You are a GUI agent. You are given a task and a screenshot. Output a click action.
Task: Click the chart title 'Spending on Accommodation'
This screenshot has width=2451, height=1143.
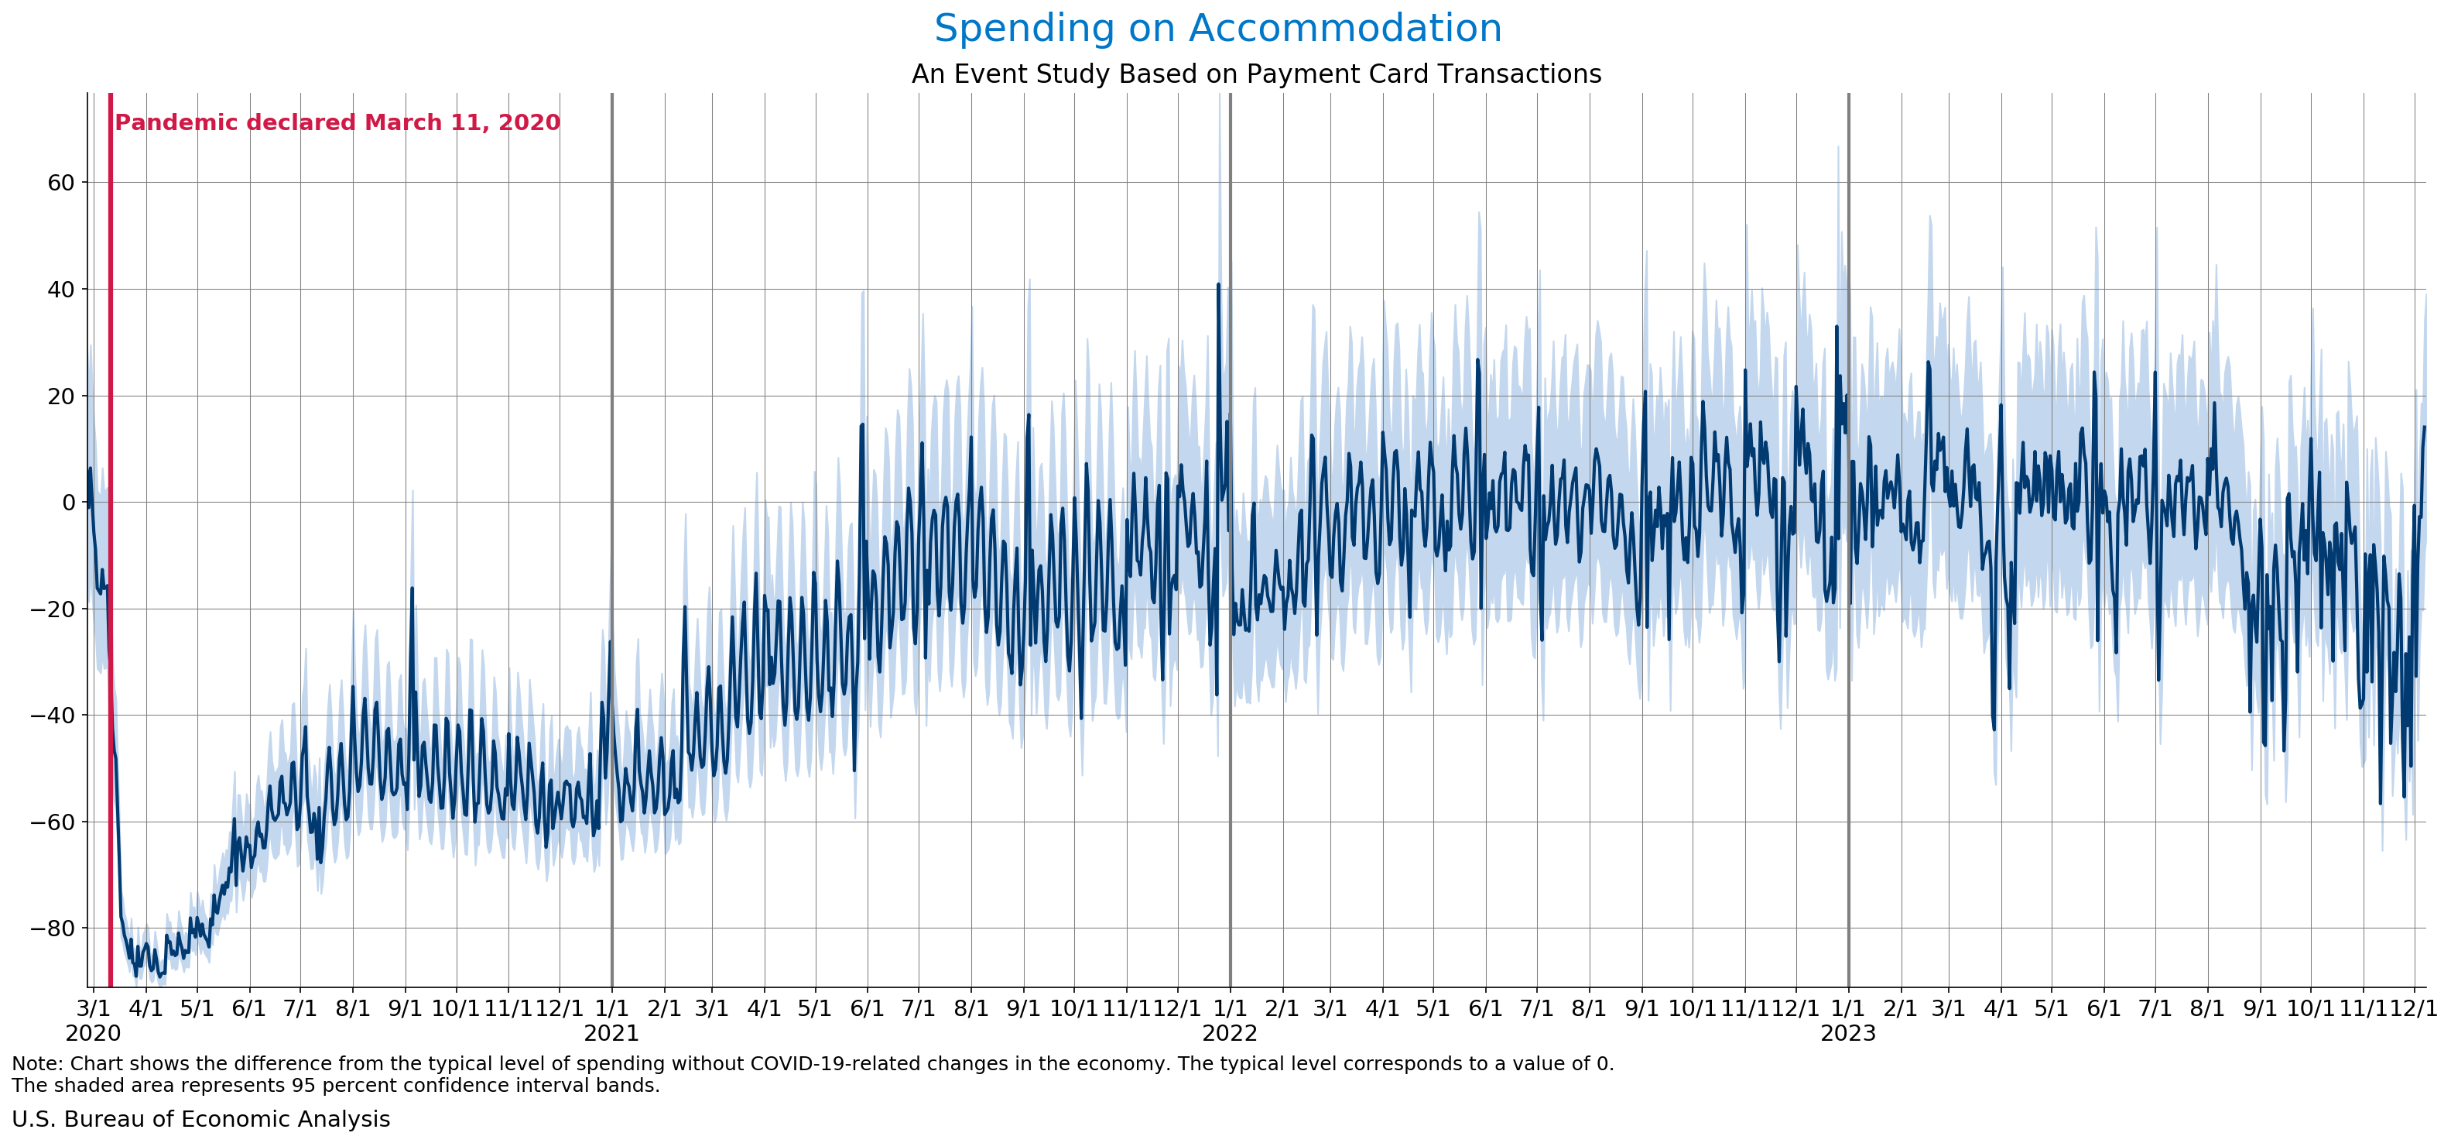[1217, 29]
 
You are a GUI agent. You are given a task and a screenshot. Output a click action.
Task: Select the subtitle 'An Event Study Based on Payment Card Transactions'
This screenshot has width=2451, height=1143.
[1256, 74]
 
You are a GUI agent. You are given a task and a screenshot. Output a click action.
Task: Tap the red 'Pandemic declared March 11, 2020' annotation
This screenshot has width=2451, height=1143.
[337, 123]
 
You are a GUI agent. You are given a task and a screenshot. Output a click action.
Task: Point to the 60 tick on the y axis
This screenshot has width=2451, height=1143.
[60, 183]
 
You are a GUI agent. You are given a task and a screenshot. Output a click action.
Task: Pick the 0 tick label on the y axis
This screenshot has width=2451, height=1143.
[67, 503]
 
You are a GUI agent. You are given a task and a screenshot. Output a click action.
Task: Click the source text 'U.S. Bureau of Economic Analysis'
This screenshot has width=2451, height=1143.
[200, 1119]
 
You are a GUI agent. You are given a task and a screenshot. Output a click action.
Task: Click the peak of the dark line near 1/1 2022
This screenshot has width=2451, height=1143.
[1218, 284]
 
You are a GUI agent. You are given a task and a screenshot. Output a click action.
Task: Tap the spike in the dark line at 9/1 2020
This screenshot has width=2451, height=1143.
[412, 589]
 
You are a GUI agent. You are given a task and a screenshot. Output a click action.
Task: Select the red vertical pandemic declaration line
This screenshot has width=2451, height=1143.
[111, 571]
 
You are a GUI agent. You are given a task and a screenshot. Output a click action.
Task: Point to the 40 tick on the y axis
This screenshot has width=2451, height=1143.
[60, 290]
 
